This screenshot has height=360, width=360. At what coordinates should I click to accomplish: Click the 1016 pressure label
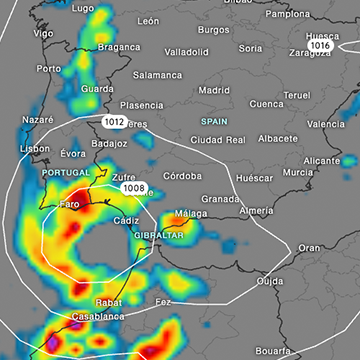(x=320, y=46)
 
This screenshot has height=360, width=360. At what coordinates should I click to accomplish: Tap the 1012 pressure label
(x=114, y=121)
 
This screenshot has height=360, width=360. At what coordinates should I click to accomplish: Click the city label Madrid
(x=214, y=90)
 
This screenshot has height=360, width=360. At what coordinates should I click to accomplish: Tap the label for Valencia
(x=326, y=124)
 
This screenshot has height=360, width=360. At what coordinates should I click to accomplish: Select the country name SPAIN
(x=215, y=120)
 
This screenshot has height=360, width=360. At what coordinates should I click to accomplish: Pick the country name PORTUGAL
(x=66, y=172)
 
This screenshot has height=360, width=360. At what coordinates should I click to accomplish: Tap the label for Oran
(x=310, y=247)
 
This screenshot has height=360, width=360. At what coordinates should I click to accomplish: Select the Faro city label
(x=69, y=204)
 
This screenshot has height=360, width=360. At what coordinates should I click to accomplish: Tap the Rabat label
(x=108, y=301)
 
